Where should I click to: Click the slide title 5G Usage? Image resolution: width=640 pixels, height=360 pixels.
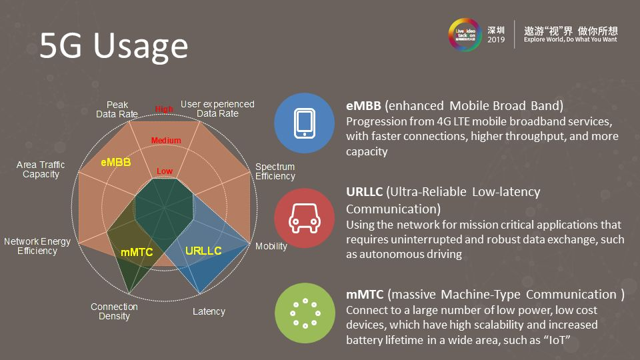113,47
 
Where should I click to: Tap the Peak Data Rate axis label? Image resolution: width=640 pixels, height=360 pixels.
117,109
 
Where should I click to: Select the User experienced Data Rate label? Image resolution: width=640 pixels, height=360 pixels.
217,109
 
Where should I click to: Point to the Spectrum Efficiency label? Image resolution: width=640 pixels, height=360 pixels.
275,171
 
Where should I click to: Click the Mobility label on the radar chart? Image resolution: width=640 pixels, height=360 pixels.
271,246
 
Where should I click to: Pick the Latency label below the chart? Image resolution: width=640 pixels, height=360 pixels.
209,311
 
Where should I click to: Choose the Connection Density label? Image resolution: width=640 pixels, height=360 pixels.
114,311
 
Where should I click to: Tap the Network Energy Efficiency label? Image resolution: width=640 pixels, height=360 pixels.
37,246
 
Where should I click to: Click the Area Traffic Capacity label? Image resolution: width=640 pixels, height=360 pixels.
41,169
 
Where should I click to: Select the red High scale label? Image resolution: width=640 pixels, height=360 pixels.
164,109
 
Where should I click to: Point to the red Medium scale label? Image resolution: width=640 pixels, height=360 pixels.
166,141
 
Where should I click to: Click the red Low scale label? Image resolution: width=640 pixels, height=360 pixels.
165,171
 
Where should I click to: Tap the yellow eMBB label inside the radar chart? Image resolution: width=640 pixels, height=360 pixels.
116,162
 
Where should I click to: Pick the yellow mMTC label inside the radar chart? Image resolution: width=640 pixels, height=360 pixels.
137,253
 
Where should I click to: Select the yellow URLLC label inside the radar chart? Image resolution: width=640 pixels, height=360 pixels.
203,251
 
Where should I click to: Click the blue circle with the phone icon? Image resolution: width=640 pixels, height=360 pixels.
305,123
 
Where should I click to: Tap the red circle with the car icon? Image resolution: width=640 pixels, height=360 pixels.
305,218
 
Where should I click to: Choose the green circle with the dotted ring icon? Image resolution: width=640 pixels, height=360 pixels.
305,313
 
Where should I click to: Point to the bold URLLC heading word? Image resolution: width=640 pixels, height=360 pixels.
364,192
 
